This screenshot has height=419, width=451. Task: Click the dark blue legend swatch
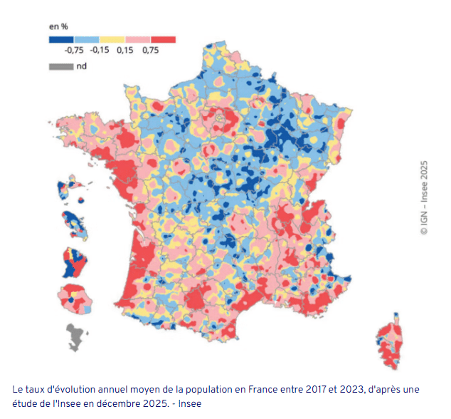coord(60,39)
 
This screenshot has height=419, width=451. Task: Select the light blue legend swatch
coord(86,39)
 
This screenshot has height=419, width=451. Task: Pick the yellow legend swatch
coord(112,39)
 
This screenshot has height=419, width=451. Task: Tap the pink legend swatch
coord(137,39)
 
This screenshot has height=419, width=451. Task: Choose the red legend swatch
coord(163,39)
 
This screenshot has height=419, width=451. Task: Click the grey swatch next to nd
coord(60,66)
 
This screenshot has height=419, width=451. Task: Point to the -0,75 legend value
coord(74,50)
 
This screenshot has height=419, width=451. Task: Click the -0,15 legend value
coord(100,50)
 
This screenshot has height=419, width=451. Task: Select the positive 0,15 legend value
coord(124,50)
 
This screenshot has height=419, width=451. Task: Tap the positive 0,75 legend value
coord(150,50)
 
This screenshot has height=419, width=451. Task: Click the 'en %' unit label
coord(57,26)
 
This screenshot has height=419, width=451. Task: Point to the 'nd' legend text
coord(81,66)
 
